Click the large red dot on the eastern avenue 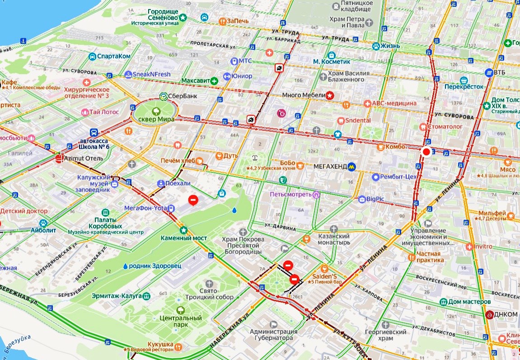tap(426, 152)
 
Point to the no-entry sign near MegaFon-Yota tap(192, 199)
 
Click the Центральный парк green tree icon tap(181, 310)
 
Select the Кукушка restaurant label tap(155, 342)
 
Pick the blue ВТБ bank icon tap(488, 72)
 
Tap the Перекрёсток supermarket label tap(464, 86)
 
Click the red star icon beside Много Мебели tap(330, 95)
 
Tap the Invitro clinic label tap(483, 247)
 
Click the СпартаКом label tap(114, 56)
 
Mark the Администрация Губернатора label tap(274, 335)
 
